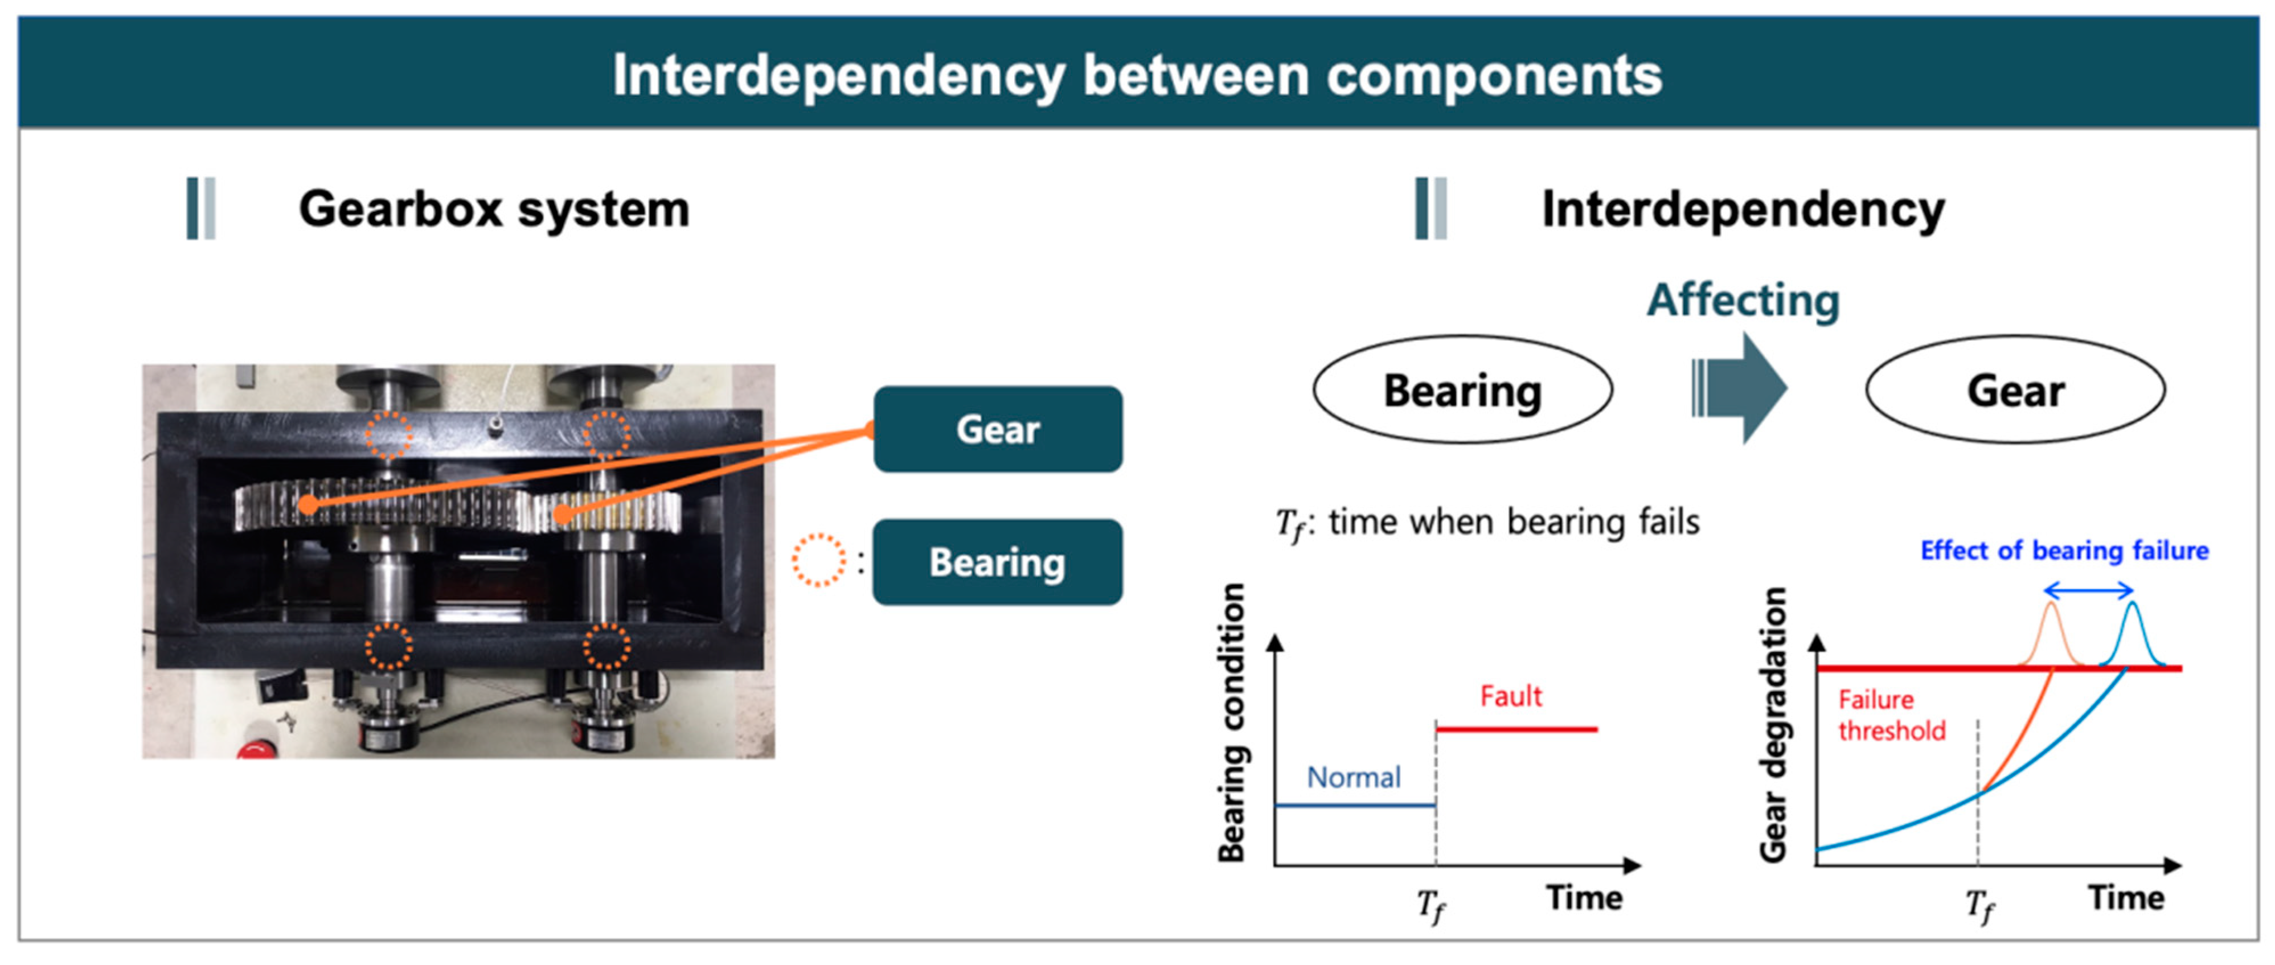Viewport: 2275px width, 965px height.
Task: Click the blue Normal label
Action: coord(1354,777)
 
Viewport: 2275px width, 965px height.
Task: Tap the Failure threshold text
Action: coord(1892,715)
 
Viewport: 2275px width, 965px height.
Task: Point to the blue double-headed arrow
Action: coord(2089,590)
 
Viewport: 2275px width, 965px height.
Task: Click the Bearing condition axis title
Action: coord(1231,722)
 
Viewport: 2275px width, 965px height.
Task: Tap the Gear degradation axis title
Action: coord(1773,724)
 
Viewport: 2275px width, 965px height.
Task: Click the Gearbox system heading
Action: coord(494,210)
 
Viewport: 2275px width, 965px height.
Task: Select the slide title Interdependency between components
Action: coord(1138,75)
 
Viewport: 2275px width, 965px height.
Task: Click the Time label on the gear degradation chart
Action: coord(2126,898)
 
